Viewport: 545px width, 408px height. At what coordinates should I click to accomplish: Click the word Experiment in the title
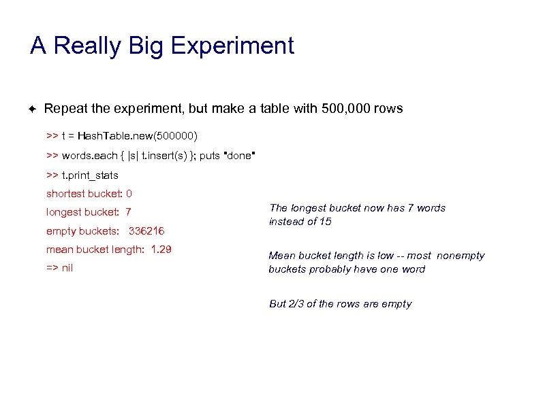tap(232, 46)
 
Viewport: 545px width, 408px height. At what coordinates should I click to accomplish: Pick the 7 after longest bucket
tap(128, 212)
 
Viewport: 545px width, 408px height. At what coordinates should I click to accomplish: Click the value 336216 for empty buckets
tap(146, 231)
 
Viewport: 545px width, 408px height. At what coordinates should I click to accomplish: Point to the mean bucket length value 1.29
tap(161, 250)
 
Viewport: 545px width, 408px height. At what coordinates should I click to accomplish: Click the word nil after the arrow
tap(67, 268)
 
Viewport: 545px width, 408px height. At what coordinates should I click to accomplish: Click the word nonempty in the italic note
tap(460, 256)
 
